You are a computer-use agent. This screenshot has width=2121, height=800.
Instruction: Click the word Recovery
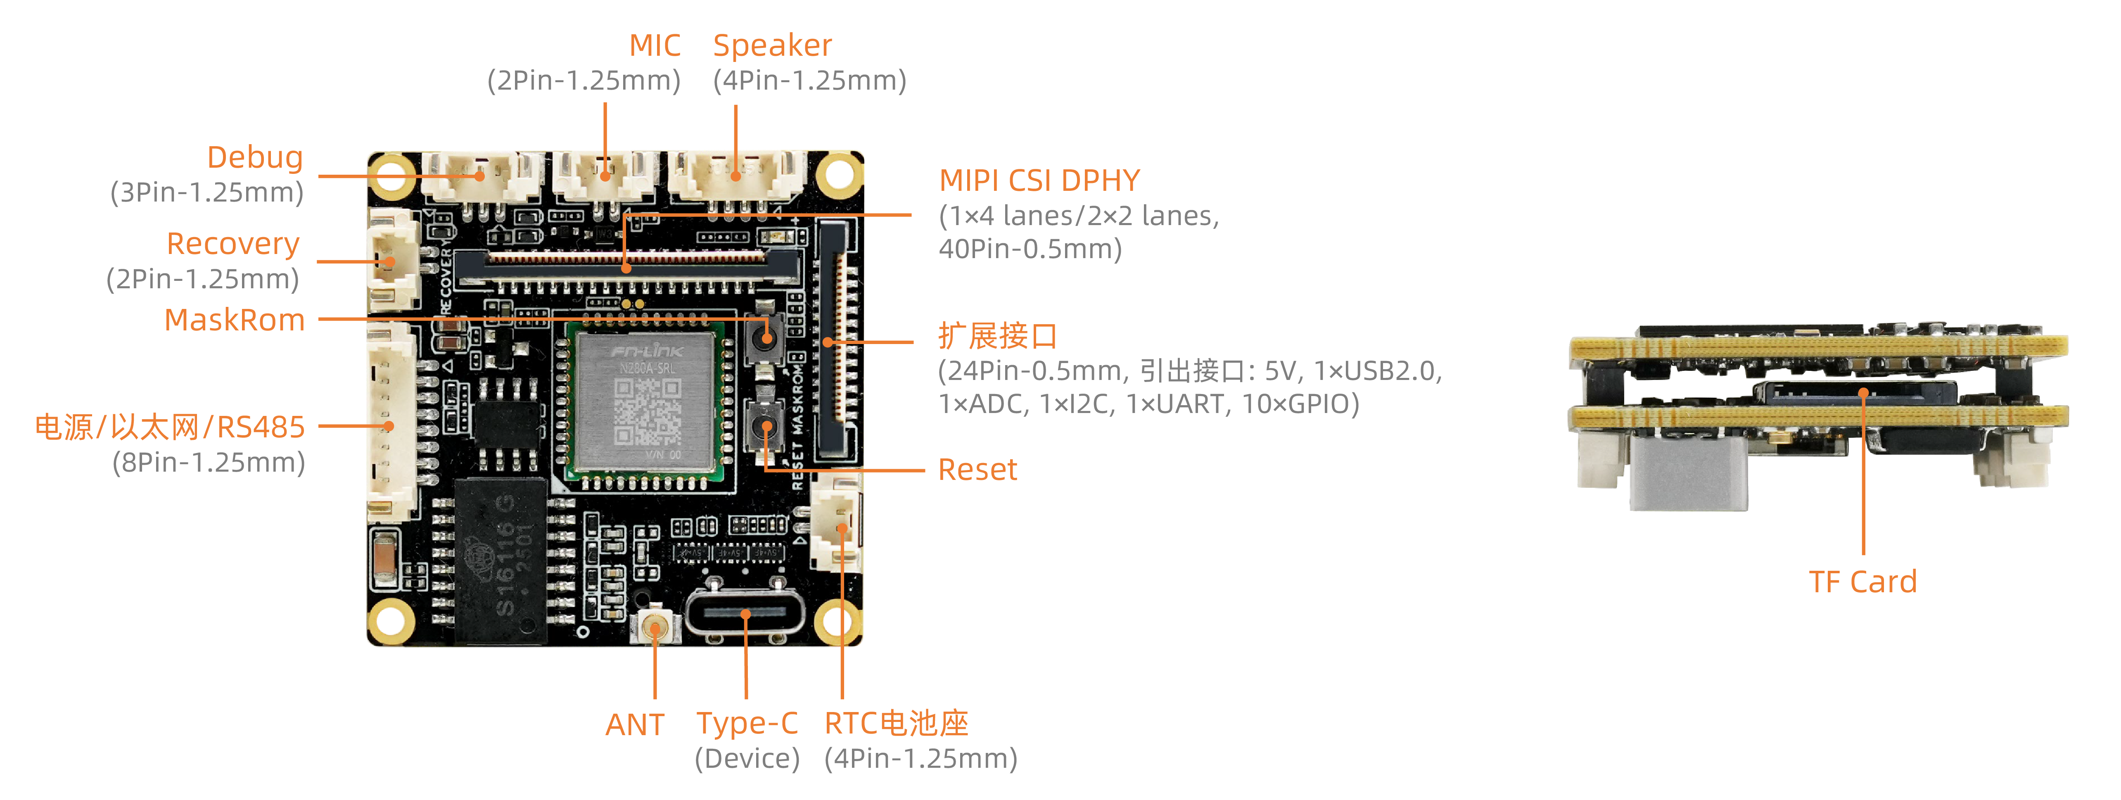pyautogui.click(x=233, y=245)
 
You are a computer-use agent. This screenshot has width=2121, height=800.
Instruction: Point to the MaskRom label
pyautogui.click(x=235, y=320)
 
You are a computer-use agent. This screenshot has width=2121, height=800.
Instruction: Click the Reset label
pyautogui.click(x=977, y=470)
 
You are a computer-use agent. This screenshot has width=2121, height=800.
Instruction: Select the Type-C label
pyautogui.click(x=747, y=724)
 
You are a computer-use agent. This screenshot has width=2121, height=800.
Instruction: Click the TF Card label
pyautogui.click(x=1862, y=582)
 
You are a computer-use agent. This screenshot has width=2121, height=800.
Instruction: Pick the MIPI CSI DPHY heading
pyautogui.click(x=1039, y=181)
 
